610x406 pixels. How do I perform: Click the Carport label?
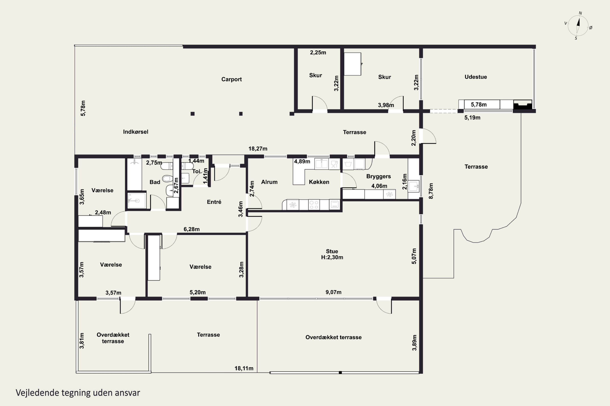(231, 79)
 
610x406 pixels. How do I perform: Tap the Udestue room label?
(476, 77)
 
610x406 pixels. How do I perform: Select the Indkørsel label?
(136, 132)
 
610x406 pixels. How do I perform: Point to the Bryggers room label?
(378, 177)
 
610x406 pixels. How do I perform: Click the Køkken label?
(319, 182)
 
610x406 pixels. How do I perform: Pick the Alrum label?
(269, 182)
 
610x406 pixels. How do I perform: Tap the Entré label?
(214, 202)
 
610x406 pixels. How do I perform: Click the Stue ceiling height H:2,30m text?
(332, 257)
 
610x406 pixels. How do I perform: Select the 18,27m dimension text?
(258, 149)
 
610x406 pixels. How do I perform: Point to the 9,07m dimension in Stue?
(333, 292)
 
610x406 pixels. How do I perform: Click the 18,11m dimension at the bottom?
(244, 368)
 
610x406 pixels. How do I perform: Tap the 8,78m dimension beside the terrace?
(431, 191)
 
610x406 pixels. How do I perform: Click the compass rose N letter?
(581, 13)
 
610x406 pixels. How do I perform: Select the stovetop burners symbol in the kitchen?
(314, 205)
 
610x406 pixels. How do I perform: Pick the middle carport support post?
(241, 114)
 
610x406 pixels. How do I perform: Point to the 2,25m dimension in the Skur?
(318, 53)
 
